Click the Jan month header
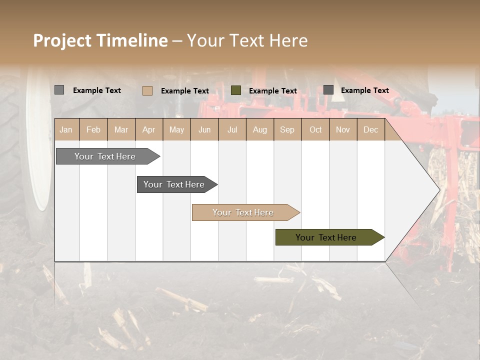coord(66,129)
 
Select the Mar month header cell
coord(121,129)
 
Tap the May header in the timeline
coord(176,129)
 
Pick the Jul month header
coord(232,129)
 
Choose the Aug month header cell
coord(259,129)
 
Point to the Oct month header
coord(315,129)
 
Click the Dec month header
coord(370,129)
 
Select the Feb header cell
coord(93,129)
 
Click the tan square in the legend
coord(147,90)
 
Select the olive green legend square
coord(236,90)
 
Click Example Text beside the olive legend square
coord(272,91)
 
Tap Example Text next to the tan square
coord(184,91)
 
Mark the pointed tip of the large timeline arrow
coord(439,189)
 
